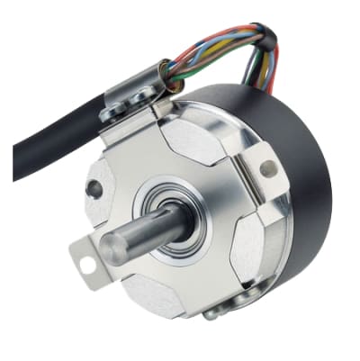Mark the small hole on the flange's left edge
click(x=94, y=188)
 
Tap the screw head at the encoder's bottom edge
click(x=212, y=312)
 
